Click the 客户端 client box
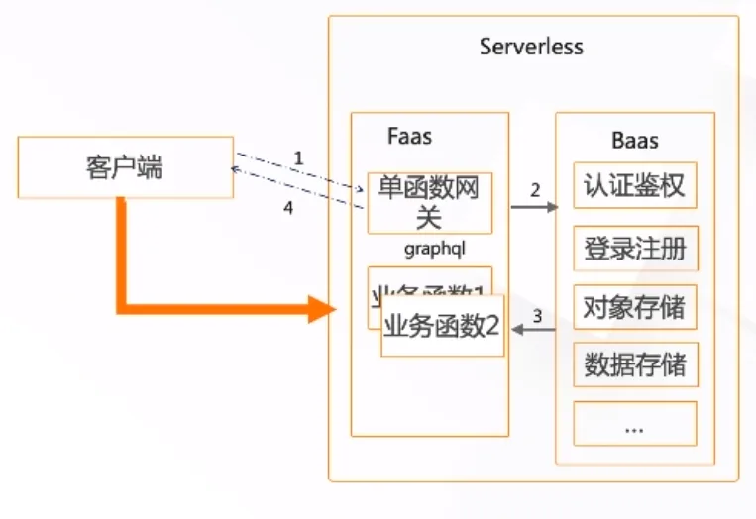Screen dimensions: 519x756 click(125, 167)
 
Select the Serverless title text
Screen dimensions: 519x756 click(531, 47)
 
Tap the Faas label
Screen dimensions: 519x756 click(409, 136)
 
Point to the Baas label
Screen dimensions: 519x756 click(634, 141)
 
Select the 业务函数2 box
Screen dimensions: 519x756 click(442, 326)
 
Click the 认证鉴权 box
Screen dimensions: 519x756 click(634, 185)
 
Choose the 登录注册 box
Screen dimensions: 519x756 click(634, 248)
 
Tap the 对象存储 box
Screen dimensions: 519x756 click(634, 306)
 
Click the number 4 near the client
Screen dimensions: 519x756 click(288, 210)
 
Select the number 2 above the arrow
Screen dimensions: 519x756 click(535, 190)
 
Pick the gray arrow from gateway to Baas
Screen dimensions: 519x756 click(534, 208)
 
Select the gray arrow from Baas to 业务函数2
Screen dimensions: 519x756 click(532, 332)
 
